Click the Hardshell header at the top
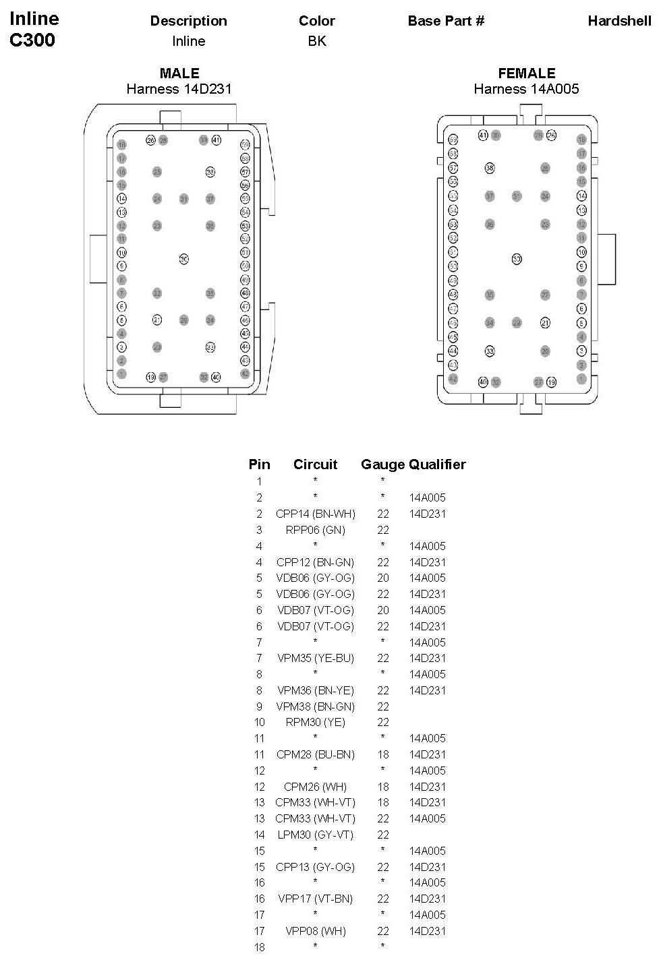pos(619,21)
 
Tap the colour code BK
pos(317,41)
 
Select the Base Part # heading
pos(446,21)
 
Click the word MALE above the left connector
pos(179,73)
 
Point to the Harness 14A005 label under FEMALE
pos(526,89)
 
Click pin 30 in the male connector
pos(183,259)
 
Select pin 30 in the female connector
pos(517,259)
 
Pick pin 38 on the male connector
pos(210,172)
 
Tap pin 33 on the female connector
pos(490,351)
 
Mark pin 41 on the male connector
pos(217,140)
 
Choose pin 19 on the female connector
pos(552,382)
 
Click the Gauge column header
pos(382,464)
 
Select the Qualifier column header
pos(437,464)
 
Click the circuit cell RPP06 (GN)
pos(315,530)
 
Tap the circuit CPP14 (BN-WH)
pos(315,514)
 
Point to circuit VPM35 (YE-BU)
pos(315,658)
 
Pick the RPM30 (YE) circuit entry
pos(315,722)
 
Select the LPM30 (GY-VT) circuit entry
pos(315,835)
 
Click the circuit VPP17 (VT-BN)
pos(315,899)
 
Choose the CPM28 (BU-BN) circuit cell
pos(315,754)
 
